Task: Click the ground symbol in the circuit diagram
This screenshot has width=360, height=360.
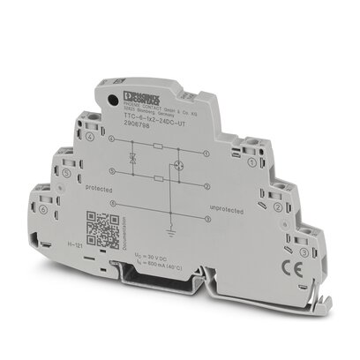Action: coord(187,229)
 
